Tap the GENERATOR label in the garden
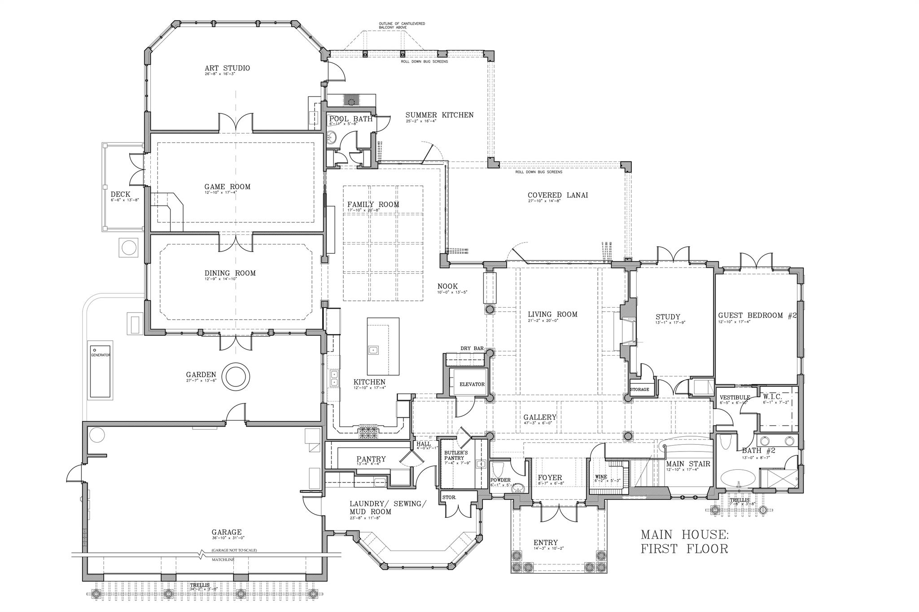coord(101,355)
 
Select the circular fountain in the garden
coord(236,376)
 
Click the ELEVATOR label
coord(472,384)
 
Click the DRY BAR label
coord(472,348)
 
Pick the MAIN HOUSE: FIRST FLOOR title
coord(684,541)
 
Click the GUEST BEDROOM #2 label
coord(757,316)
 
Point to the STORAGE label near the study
coord(639,389)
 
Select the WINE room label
coord(601,477)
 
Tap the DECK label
coord(120,195)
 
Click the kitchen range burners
coord(368,432)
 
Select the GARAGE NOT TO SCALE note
coord(234,550)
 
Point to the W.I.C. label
coord(772,397)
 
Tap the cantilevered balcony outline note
coord(402,25)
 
